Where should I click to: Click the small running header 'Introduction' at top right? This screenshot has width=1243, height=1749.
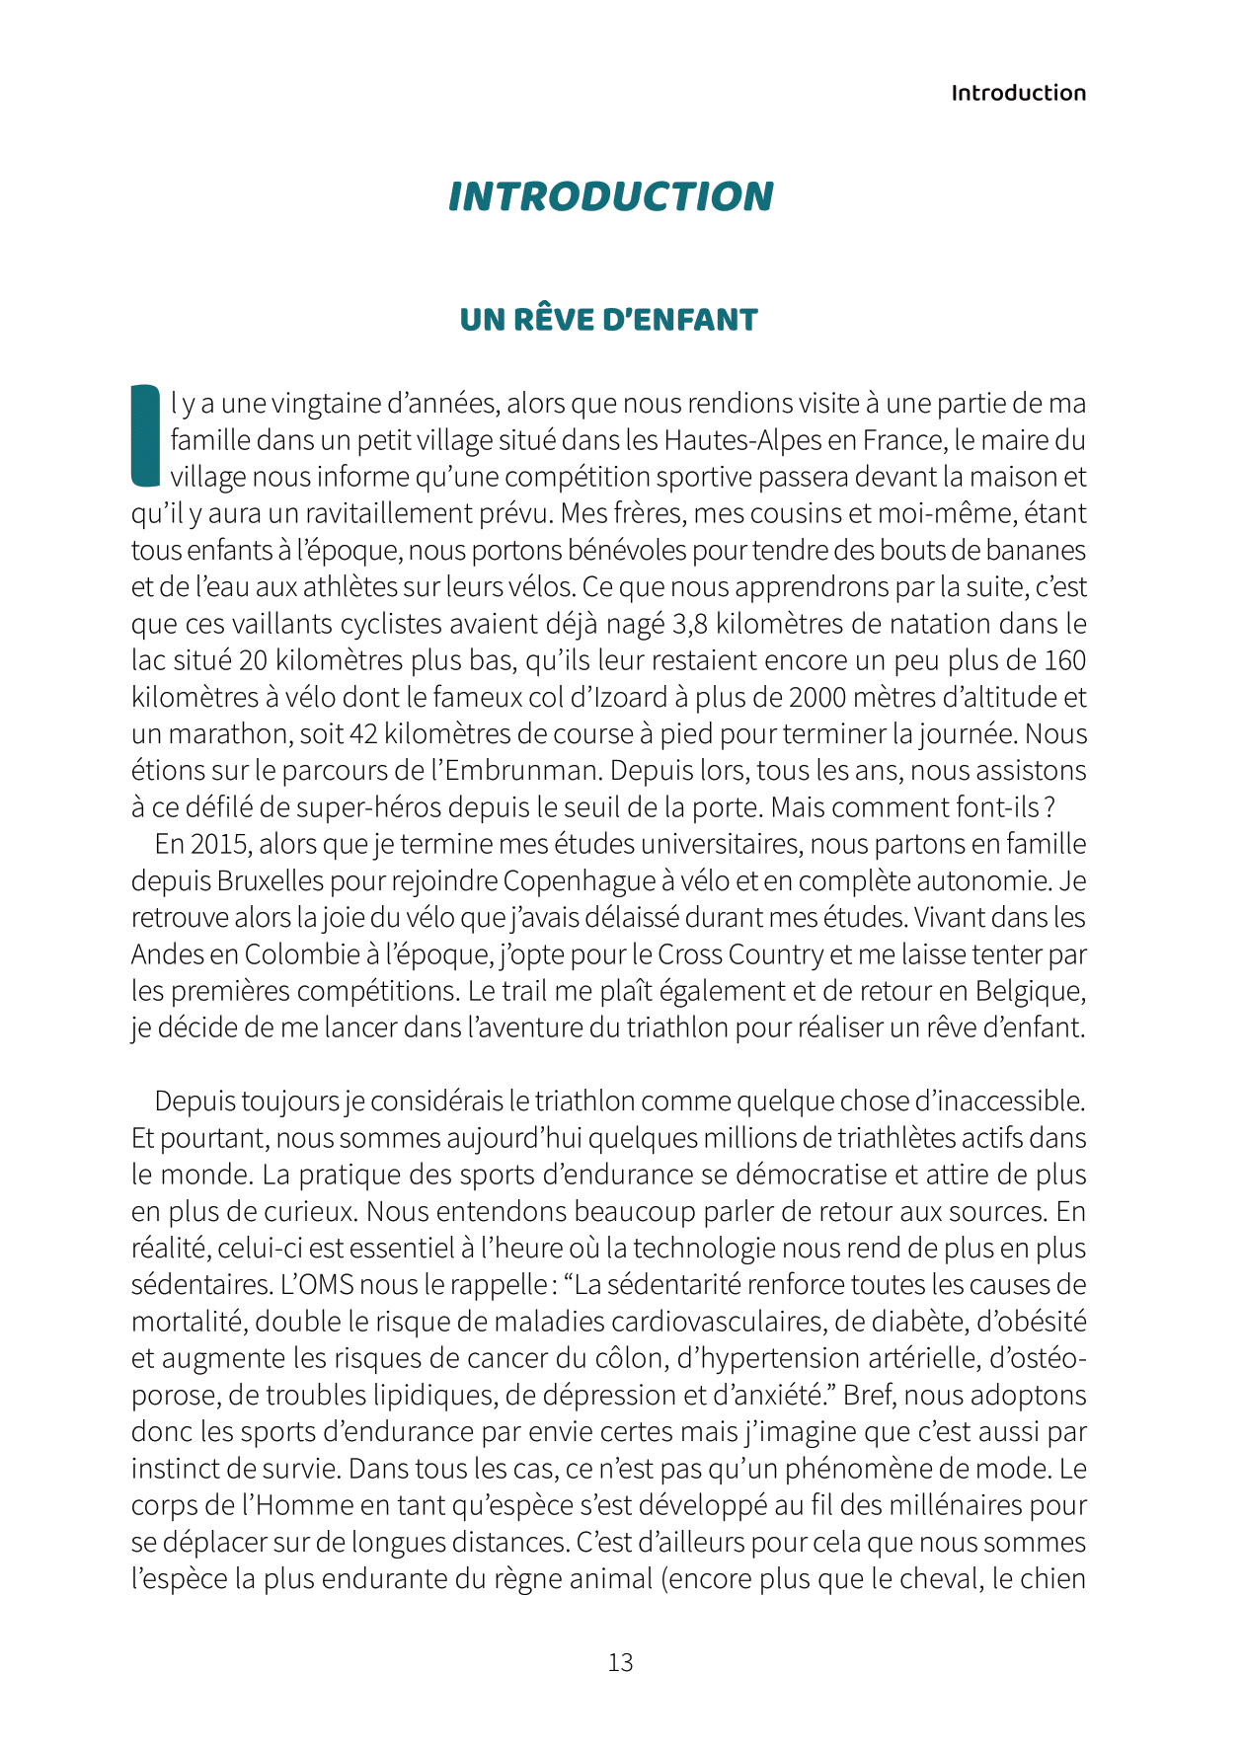[1018, 93]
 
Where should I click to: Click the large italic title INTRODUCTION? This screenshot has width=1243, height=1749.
[611, 196]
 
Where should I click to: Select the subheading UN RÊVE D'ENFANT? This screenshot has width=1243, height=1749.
[608, 320]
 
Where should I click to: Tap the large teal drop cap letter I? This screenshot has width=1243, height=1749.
[145, 435]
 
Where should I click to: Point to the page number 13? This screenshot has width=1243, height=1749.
[620, 1662]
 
